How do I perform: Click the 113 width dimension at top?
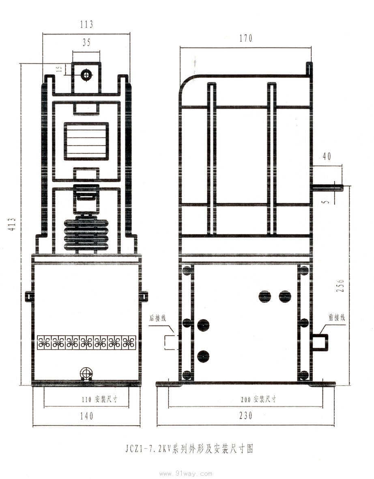pos(86,24)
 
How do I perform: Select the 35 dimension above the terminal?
pos(86,43)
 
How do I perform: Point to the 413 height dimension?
pos(12,224)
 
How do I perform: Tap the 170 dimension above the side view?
pos(246,38)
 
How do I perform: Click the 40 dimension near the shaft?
pos(327,156)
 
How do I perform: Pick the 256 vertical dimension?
pos(340,285)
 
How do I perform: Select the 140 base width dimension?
pos(86,416)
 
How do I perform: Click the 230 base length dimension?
pos(246,415)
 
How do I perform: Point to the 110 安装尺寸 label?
pos(99,399)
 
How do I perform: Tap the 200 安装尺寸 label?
pos(258,399)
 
